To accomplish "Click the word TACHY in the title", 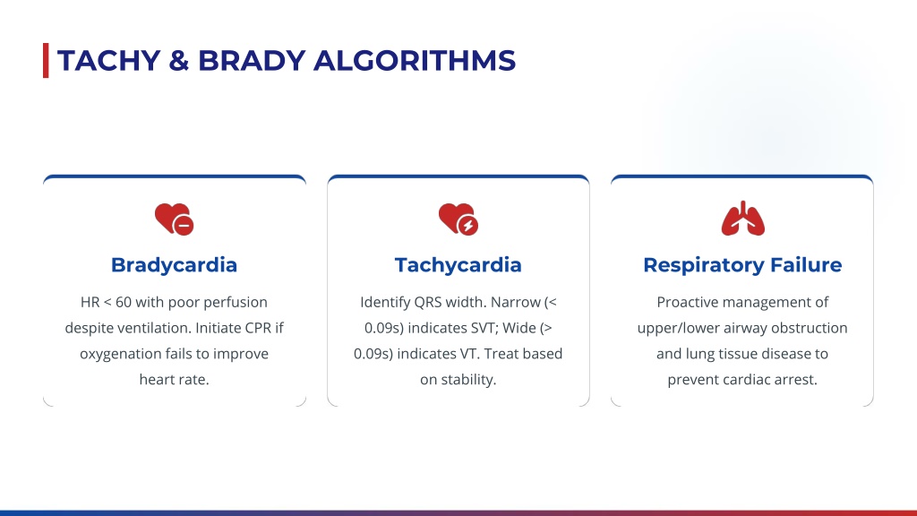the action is pyautogui.click(x=108, y=61).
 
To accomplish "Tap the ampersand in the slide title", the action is pyautogui.click(x=179, y=61).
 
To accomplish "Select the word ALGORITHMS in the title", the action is pyautogui.click(x=415, y=61).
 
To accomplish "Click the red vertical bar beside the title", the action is pyautogui.click(x=46, y=60).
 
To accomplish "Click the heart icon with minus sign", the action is pyautogui.click(x=175, y=219).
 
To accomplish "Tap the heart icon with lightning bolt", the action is pyautogui.click(x=458, y=219).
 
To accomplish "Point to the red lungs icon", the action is pyautogui.click(x=742, y=219).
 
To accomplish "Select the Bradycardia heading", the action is pyautogui.click(x=175, y=265).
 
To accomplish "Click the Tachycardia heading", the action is pyautogui.click(x=458, y=265).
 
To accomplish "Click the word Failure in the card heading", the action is pyautogui.click(x=806, y=265).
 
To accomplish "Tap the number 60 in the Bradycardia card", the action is pyautogui.click(x=124, y=303).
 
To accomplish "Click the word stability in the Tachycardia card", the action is pyautogui.click(x=468, y=380).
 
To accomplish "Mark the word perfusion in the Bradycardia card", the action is pyautogui.click(x=240, y=303).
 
